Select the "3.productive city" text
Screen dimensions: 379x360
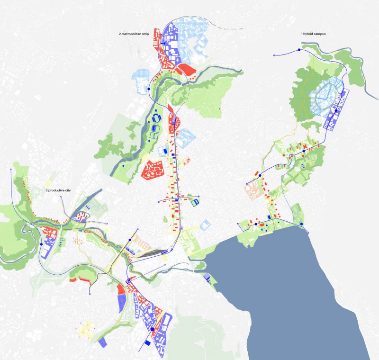(58, 190)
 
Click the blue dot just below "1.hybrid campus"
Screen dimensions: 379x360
(299, 50)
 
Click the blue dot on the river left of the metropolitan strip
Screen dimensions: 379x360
(148, 89)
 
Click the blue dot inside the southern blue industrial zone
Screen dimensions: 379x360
(152, 329)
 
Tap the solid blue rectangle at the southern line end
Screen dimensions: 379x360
(147, 342)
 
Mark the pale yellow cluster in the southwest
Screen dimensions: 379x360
(86, 327)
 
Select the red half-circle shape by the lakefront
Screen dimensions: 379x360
(262, 225)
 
